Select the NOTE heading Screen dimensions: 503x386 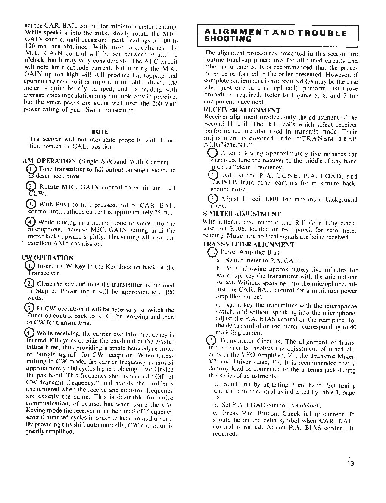(100, 132)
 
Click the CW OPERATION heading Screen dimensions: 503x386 (48, 258)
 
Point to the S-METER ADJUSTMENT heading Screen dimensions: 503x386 (242, 214)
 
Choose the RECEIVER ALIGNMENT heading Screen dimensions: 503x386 (242, 110)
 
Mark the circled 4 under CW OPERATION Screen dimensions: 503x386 (29, 333)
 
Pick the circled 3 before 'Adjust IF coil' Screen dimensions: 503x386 (213, 199)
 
